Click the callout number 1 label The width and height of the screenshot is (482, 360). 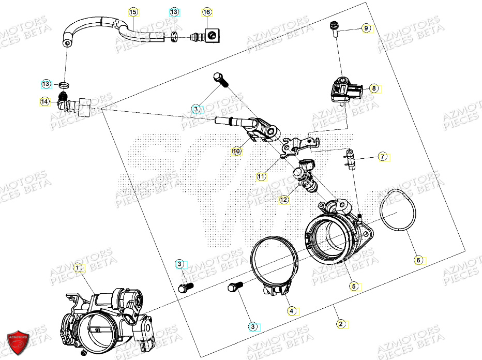click(78, 267)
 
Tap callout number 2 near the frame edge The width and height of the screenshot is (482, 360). click(340, 324)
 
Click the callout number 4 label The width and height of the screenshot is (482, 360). click(292, 311)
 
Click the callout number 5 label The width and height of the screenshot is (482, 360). click(354, 286)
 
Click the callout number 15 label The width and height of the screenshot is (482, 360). click(133, 11)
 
